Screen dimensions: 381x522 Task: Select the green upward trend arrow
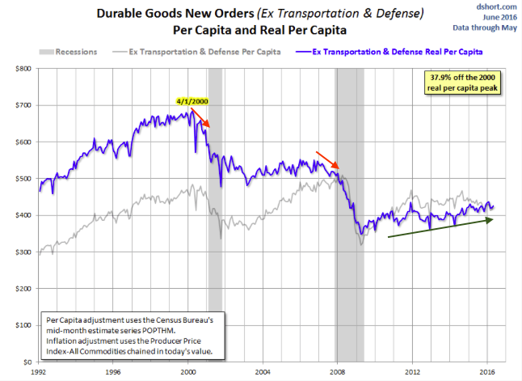point(441,227)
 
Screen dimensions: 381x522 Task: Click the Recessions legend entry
point(76,51)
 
